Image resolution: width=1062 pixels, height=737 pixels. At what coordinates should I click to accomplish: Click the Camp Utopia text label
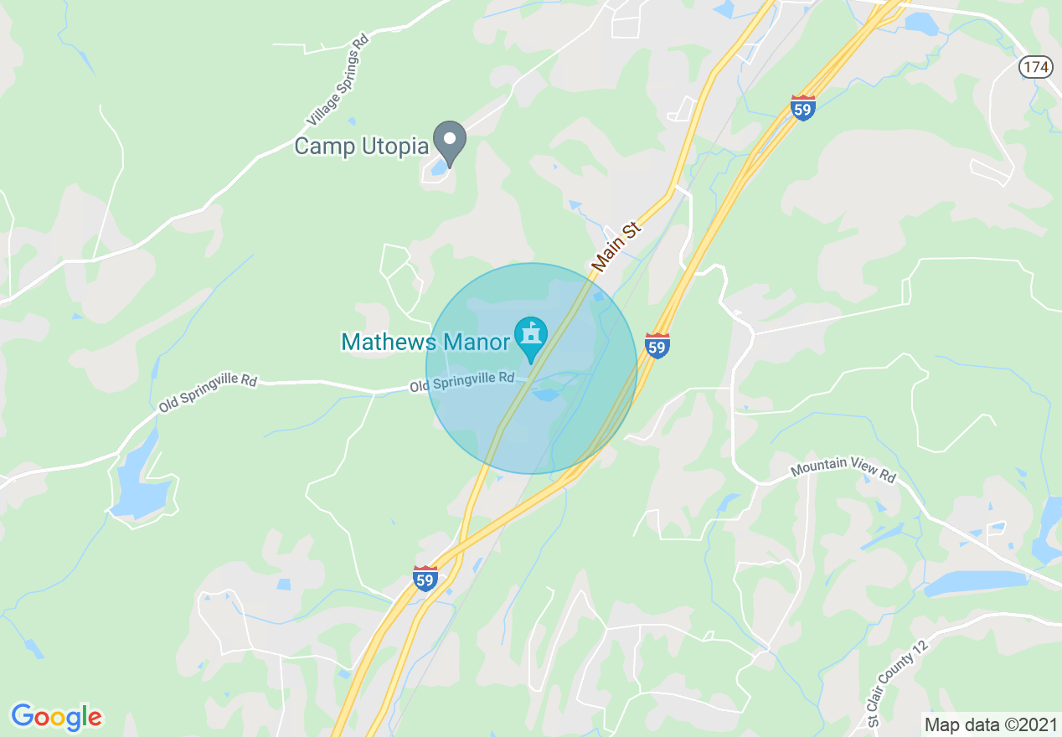pos(361,147)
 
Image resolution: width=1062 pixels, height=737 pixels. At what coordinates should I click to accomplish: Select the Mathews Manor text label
pos(425,342)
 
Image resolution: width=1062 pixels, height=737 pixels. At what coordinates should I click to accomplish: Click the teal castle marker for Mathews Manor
pos(530,337)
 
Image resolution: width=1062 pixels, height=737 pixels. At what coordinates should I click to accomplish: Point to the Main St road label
pos(616,246)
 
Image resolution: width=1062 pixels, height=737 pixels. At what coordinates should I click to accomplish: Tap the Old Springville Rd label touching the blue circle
pos(461,382)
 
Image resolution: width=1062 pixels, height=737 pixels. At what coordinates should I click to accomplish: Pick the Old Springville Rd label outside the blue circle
pos(207,392)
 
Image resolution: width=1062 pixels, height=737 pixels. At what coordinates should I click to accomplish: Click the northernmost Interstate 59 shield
pos(803,107)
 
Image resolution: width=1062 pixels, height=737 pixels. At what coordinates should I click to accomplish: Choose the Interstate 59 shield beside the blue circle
pos(657,345)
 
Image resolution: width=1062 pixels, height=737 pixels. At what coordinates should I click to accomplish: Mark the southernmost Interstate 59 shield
pos(425,578)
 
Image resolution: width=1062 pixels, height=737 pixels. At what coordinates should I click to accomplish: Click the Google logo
pos(56,717)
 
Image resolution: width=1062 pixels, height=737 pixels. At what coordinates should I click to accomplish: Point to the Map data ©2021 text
pos(989,724)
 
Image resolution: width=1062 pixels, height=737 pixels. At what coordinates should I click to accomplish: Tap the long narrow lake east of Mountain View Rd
pos(974,582)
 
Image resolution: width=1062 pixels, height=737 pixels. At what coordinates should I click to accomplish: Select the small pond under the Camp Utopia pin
pos(438,168)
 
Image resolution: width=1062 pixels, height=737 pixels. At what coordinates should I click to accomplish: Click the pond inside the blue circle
pos(548,394)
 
